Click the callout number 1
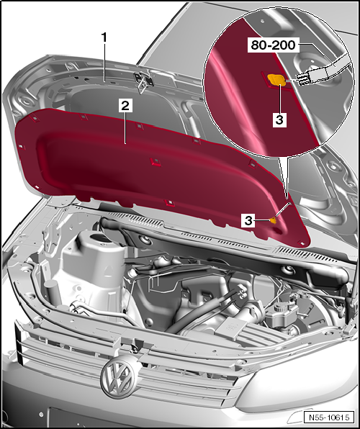pos(104,37)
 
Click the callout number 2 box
pos(125,106)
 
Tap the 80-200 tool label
pos(273,45)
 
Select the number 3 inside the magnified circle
pos(279,119)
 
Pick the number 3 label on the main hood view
pos(248,220)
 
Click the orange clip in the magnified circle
pos(276,80)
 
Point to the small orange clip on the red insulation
pos(273,220)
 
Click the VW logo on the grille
pos(118,379)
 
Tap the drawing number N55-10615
pos(329,417)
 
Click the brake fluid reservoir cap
pos(280,306)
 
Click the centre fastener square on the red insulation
pos(156,161)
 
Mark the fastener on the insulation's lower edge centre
pos(169,203)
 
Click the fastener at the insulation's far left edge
pos(21,147)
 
